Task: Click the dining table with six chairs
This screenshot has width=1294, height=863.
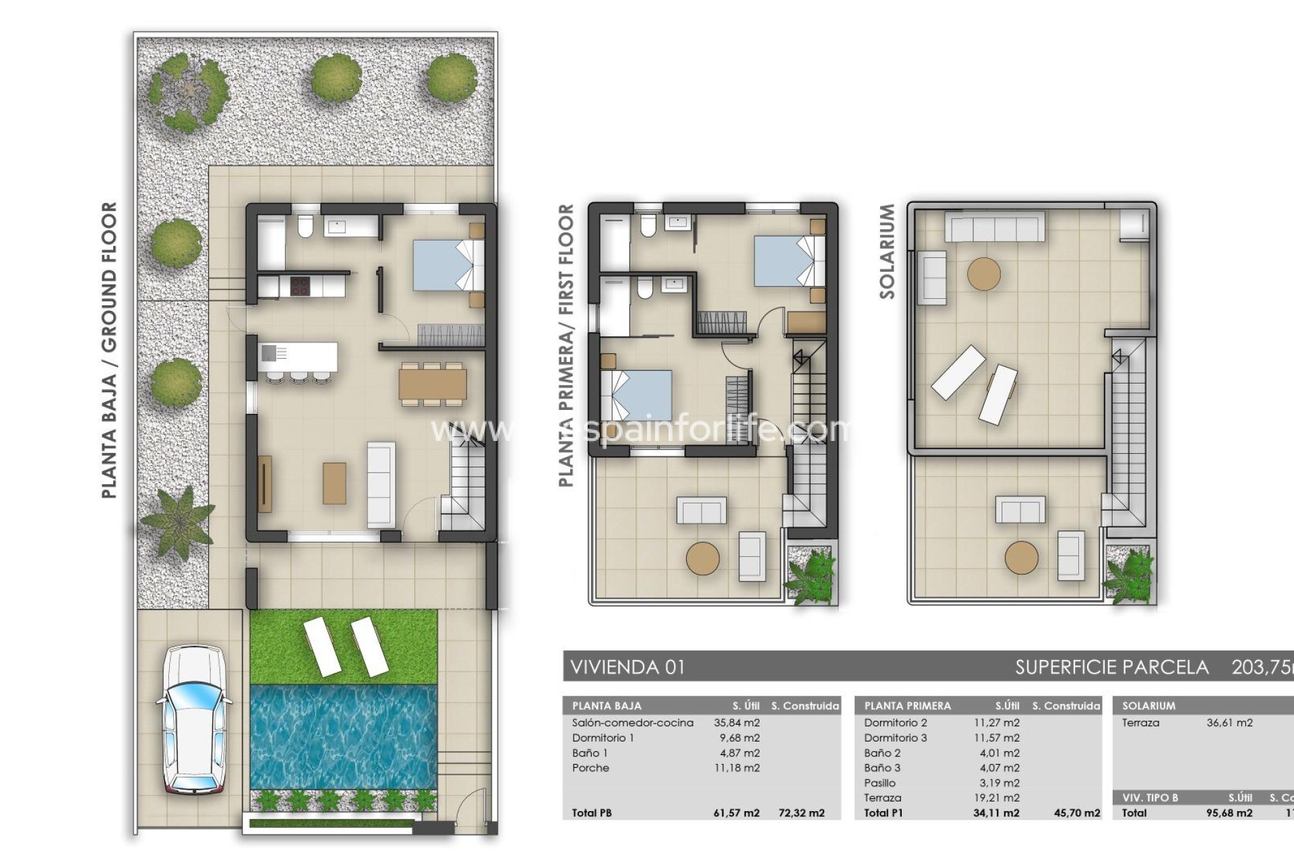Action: click(432, 384)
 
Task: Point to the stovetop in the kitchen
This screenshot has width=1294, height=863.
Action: click(299, 286)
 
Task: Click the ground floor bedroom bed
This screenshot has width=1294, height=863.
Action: click(445, 265)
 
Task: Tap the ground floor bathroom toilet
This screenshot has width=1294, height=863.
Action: click(305, 227)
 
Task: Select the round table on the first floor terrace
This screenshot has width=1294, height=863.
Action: click(703, 558)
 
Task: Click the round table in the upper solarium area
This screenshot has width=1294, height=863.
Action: click(983, 274)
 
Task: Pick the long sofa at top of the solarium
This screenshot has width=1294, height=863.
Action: click(994, 227)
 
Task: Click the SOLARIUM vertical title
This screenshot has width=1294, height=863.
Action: click(887, 251)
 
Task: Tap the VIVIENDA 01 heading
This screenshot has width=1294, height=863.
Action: click(627, 667)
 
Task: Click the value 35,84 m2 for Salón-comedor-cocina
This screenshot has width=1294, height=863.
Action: click(737, 723)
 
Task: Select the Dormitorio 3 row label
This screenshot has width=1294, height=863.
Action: click(895, 738)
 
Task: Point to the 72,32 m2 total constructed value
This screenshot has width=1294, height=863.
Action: click(801, 813)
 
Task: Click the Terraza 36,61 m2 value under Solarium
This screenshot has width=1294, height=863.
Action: click(1229, 723)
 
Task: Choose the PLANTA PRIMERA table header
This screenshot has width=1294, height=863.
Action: click(907, 706)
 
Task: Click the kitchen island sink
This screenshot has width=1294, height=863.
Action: click(269, 353)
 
